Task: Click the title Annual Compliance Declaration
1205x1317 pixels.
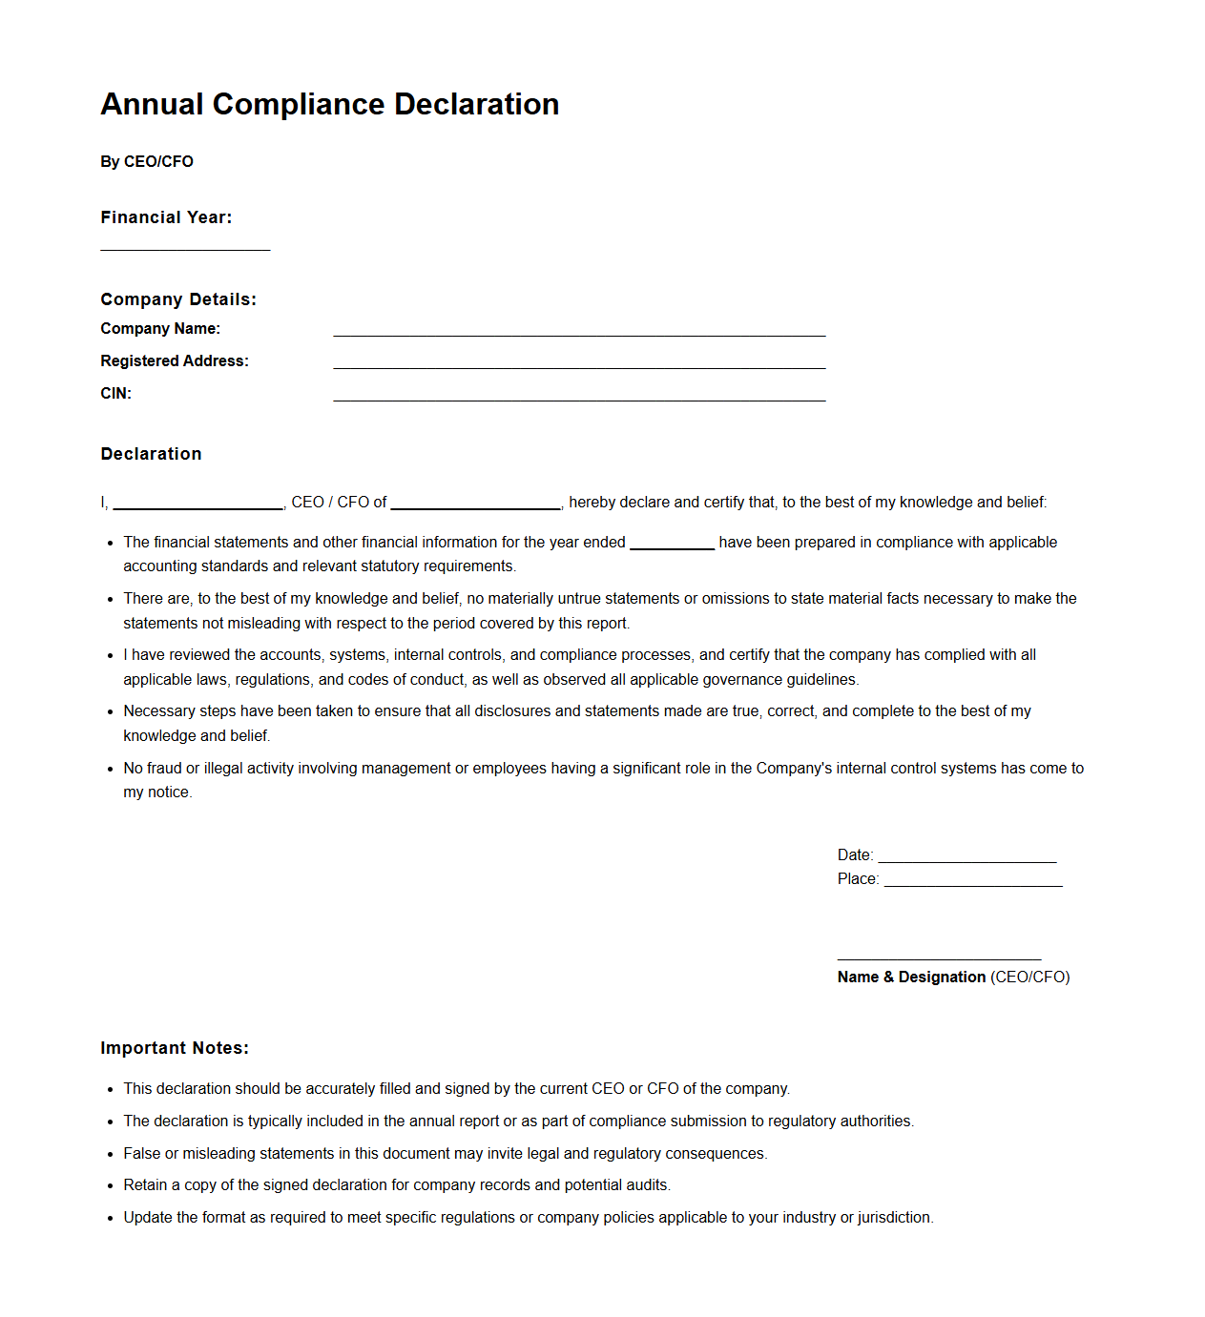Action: (x=329, y=104)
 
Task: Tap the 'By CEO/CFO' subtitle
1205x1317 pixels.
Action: (x=147, y=162)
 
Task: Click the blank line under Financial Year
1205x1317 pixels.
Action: (x=185, y=249)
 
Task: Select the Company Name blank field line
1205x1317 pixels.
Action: (x=579, y=335)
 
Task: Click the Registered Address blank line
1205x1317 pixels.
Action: (x=579, y=367)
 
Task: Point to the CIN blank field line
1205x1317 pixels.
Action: (x=579, y=400)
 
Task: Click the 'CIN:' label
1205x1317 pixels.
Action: (x=115, y=394)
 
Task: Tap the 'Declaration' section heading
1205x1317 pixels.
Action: (x=151, y=454)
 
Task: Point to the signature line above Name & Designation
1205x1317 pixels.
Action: (x=939, y=958)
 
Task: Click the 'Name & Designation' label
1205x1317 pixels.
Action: (x=911, y=977)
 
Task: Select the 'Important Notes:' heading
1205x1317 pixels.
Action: (x=175, y=1048)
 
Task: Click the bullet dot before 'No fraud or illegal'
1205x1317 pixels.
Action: (x=111, y=769)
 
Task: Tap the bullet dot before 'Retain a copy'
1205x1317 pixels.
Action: (x=111, y=1185)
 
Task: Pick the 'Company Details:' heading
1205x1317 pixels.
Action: (x=178, y=299)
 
